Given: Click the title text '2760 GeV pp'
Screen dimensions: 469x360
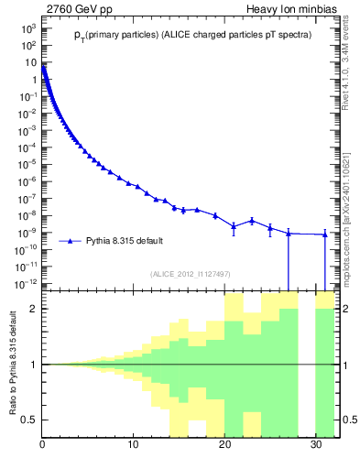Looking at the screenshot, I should (x=74, y=9).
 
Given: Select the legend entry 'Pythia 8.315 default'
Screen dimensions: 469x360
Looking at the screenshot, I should (x=125, y=241).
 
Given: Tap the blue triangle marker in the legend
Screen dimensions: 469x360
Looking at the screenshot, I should (x=71, y=241).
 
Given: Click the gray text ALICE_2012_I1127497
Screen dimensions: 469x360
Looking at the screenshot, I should (x=191, y=274).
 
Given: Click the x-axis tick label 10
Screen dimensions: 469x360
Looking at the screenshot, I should (x=134, y=446).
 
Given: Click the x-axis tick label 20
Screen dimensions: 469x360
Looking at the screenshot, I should (x=225, y=446).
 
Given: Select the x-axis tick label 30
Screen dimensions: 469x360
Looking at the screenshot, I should (x=316, y=446).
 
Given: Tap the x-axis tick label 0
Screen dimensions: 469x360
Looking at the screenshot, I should (x=43, y=446).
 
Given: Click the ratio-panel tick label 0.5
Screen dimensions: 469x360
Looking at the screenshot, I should (x=30, y=420).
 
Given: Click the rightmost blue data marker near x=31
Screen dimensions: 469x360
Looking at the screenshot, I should (x=325, y=234).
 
